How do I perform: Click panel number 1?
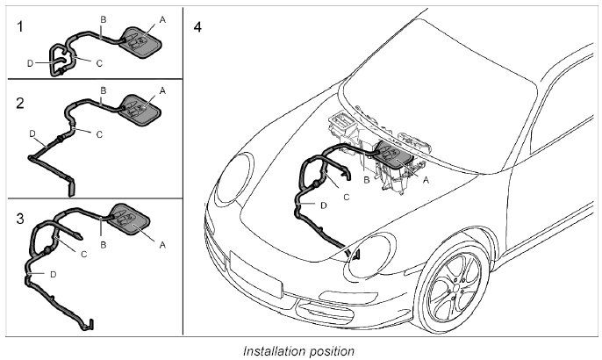coord(20,27)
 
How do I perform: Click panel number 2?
coord(20,103)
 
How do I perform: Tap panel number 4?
coord(197,27)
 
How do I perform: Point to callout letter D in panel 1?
coord(30,63)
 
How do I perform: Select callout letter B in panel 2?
coord(104,90)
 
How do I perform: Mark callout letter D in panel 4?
coord(323,205)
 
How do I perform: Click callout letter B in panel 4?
coord(365,179)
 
